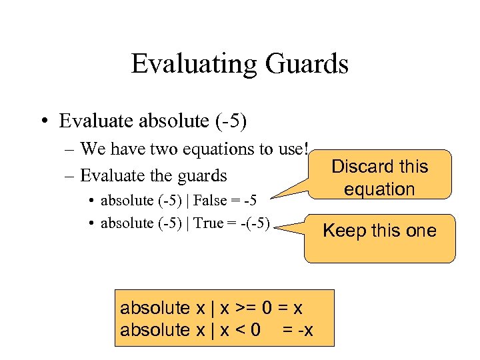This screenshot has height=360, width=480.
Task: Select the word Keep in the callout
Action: point(343,231)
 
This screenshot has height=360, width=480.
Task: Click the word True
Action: point(208,223)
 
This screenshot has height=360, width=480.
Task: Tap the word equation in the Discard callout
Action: point(379,189)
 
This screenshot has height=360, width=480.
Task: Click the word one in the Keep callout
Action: point(420,231)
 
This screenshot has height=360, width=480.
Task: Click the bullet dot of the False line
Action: point(91,200)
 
